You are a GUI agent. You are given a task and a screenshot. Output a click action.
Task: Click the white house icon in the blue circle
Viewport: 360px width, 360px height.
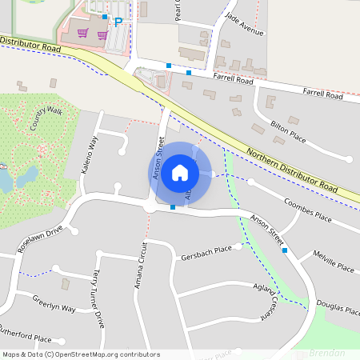(180, 172)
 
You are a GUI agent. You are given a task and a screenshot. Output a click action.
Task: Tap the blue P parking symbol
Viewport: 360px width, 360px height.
(118, 22)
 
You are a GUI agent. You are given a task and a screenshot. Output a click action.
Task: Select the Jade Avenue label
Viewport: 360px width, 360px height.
(244, 27)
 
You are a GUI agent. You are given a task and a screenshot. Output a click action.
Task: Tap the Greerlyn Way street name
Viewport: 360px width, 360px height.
(54, 306)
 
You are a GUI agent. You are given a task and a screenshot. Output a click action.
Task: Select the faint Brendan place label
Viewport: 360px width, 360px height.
(326, 352)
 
